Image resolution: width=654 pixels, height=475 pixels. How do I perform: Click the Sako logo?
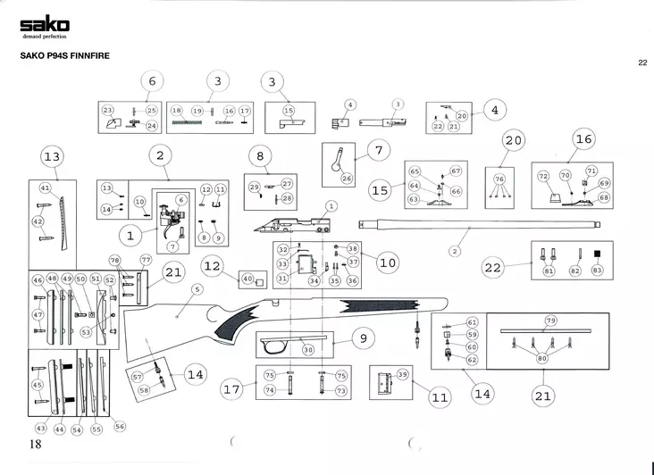coord(44,24)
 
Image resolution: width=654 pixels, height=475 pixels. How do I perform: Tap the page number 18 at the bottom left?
coord(36,444)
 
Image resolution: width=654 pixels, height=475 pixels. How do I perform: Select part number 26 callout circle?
coord(348,179)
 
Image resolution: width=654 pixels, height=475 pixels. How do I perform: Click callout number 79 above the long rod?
coord(551,320)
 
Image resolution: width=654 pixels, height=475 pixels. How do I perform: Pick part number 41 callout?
coord(46,188)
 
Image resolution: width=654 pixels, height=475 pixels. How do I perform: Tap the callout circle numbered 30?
coord(308,351)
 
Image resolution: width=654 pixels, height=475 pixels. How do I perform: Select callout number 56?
coord(121,427)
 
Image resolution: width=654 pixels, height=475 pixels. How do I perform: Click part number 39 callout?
coord(402,374)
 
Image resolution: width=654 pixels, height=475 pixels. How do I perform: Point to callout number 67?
coord(455,171)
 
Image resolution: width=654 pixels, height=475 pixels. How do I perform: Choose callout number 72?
coord(543,177)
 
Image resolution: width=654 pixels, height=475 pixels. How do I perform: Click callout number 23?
coord(108,111)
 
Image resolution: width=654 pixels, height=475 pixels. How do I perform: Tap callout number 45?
coord(38,386)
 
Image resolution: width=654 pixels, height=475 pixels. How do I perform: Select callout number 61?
coord(473,321)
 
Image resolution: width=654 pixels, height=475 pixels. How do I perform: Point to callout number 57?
coord(138,378)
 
